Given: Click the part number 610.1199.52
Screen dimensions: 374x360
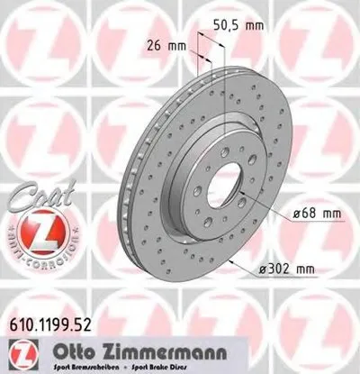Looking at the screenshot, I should pyautogui.click(x=53, y=320).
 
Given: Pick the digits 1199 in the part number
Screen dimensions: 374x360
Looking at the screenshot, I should pyautogui.click(x=52, y=320).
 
